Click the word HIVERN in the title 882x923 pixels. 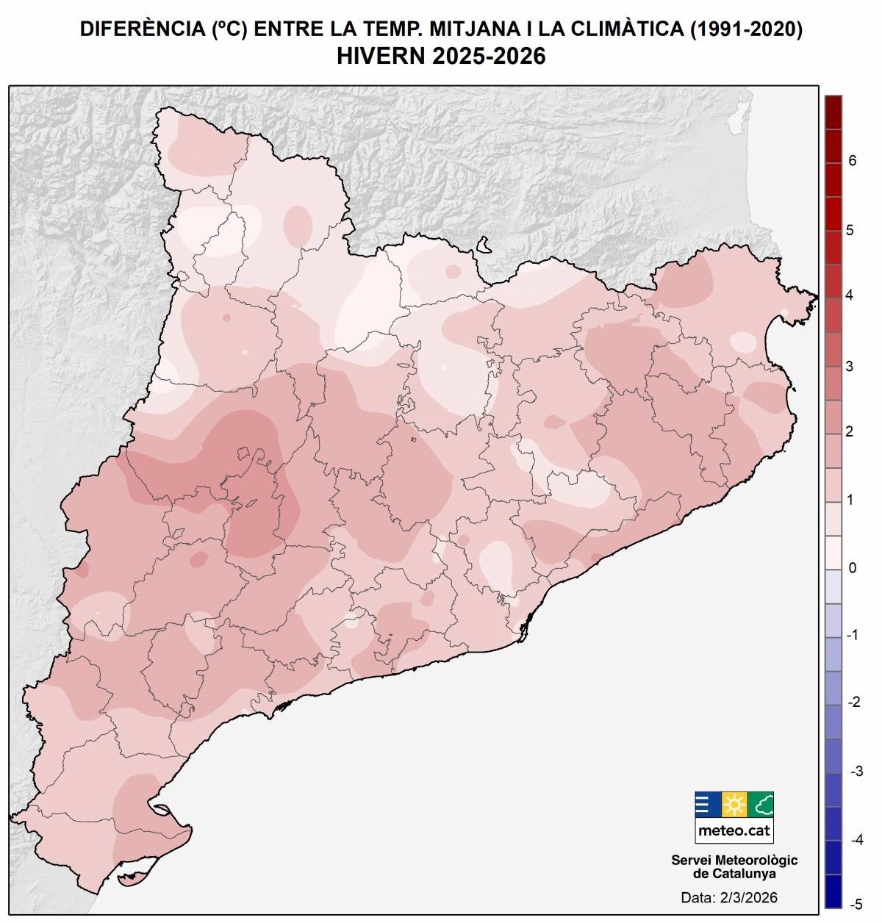coord(381,56)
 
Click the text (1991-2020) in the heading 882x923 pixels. coord(745,29)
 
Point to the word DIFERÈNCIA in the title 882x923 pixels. coord(142,29)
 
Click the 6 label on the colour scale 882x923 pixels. coord(852,161)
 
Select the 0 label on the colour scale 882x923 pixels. coord(852,568)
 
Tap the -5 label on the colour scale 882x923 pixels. coord(856,904)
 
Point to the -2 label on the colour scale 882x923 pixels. coord(854,703)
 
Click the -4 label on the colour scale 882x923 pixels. coord(856,839)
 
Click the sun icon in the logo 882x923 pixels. coord(734,805)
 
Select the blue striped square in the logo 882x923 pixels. coord(707,805)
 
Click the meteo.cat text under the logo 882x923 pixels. coord(734,830)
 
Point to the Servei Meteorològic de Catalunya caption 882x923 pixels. coord(734,866)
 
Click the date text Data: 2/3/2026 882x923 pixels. coord(728,897)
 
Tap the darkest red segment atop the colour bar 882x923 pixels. coord(833,112)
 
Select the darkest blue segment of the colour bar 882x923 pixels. coord(833,891)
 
